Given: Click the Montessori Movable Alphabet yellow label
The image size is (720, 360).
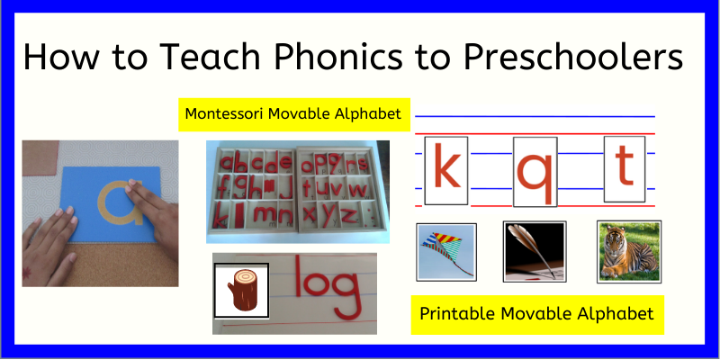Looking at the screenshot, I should click(x=293, y=114).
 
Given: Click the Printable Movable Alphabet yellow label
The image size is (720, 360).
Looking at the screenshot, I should click(x=538, y=314).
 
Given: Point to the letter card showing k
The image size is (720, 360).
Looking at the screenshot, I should click(x=446, y=169).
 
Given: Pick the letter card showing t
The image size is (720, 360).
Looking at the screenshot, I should click(x=625, y=169).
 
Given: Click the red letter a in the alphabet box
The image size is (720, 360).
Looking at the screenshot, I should click(x=225, y=164).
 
